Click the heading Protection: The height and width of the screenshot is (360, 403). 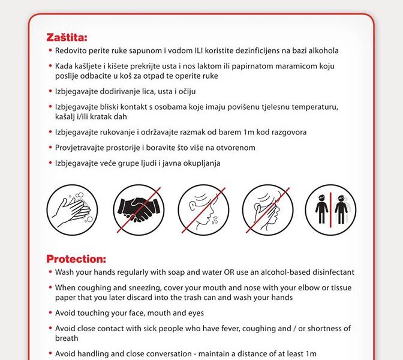coord(76,259)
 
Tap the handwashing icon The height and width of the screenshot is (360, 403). coord(71,209)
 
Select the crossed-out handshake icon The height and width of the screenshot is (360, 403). coord(139,209)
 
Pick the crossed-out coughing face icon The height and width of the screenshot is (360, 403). coord(202,209)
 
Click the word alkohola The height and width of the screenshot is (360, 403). coord(321,51)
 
